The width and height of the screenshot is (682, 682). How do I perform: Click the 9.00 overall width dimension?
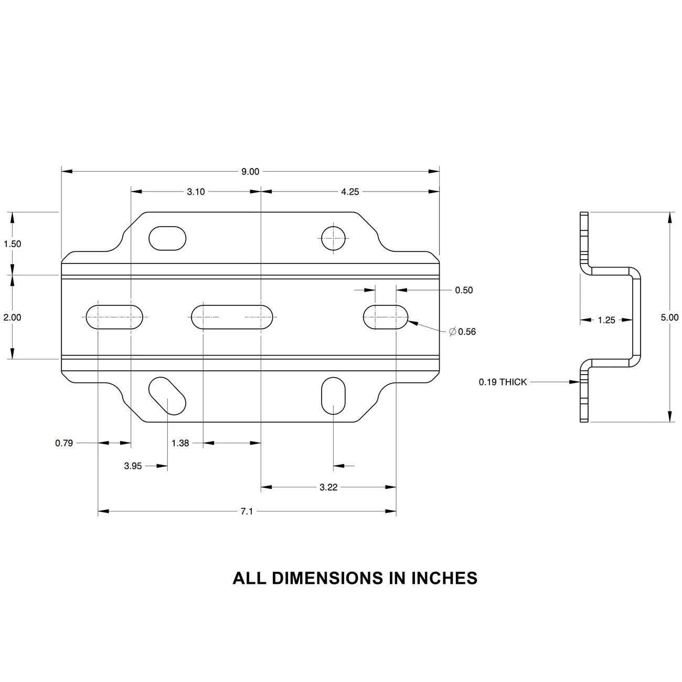coord(250,172)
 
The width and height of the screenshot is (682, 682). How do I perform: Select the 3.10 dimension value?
coord(196,192)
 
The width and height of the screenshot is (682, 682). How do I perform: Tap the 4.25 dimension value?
coord(350,192)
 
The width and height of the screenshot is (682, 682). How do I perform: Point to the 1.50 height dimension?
coord(12,244)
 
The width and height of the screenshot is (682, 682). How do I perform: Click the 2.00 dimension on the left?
coord(12,317)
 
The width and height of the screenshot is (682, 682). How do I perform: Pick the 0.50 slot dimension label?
coord(464,290)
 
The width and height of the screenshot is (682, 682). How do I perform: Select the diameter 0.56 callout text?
coord(463,332)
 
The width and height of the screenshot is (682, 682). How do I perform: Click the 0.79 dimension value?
coord(64,443)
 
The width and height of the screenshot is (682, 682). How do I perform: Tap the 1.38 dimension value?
coord(180,443)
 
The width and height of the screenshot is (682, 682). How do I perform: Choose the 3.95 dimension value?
coord(133,466)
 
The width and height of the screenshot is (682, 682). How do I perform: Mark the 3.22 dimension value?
coord(328,487)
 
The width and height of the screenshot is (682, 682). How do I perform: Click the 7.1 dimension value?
coord(247,511)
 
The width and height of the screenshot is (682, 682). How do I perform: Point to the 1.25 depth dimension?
coord(606,320)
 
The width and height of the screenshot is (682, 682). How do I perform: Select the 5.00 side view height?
coord(669,317)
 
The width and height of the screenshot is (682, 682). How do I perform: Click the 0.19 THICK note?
coord(503,382)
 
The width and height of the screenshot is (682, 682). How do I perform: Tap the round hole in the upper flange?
coord(334,238)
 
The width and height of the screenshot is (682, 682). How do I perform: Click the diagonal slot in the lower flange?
coord(167,396)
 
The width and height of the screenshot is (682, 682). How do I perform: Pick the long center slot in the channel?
coord(232,317)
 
